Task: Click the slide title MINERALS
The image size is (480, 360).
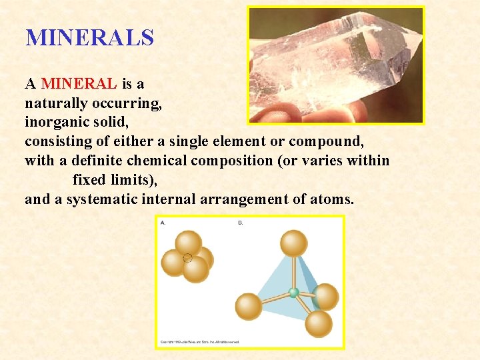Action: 89,37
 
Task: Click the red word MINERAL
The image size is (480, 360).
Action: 79,84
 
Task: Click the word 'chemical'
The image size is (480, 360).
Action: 155,161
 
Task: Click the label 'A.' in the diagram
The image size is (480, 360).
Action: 163,223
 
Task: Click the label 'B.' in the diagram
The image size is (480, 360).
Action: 241,223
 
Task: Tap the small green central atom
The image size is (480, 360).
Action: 293,292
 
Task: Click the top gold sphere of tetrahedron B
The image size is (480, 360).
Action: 293,243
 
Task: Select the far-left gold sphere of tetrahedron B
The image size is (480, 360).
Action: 249,306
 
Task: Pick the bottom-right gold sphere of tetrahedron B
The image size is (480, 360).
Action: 319,324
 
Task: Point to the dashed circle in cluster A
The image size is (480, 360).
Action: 187,258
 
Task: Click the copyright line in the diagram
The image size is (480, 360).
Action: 200,342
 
